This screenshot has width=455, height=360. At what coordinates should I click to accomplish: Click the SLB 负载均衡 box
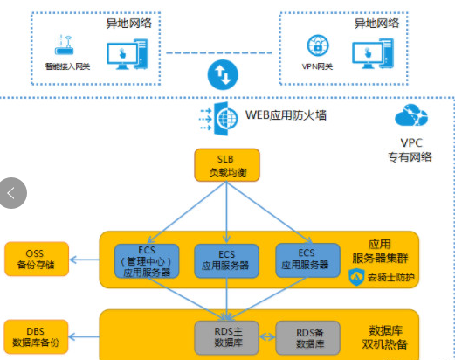coord(227,165)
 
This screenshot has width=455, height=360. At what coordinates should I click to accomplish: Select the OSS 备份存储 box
coord(37,259)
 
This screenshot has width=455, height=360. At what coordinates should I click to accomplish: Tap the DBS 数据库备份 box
coord(36,336)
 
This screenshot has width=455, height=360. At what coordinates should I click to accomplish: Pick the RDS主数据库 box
coord(226,337)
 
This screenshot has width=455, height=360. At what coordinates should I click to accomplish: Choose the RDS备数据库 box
coord(307,338)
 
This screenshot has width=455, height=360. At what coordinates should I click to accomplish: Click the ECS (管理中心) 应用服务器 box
coord(147,261)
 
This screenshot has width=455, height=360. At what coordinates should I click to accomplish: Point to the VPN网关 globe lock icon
coord(318,45)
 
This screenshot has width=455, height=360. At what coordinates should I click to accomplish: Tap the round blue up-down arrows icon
coord(223,75)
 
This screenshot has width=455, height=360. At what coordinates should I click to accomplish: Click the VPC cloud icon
coord(411,115)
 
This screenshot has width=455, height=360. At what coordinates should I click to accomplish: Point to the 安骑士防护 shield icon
coord(356,277)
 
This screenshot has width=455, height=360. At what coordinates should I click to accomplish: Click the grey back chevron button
coord(12,193)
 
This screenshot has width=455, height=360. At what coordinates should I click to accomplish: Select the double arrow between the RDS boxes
coord(267,337)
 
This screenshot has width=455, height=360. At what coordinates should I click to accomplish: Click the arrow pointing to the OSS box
coord(85,260)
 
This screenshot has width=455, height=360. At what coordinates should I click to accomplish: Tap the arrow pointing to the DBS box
coord(84,337)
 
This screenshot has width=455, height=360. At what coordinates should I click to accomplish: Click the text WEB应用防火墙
coord(286,115)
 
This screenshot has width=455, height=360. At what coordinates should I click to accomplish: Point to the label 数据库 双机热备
coord(384,337)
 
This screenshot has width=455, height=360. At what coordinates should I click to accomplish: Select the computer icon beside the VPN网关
coord(373,54)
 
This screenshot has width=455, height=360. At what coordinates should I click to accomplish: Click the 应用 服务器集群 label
coord(380,252)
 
